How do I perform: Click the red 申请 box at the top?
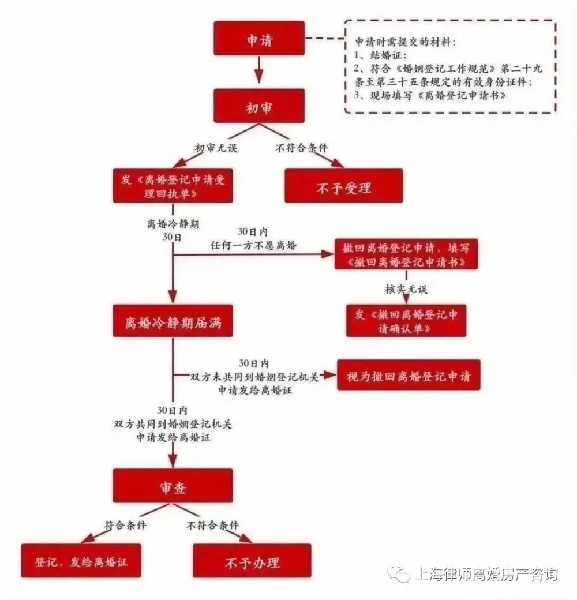point(259,39)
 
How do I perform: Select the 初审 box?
point(259,106)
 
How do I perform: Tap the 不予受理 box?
point(343,186)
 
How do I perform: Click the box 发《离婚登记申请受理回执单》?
point(173,186)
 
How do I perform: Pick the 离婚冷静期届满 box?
point(173,321)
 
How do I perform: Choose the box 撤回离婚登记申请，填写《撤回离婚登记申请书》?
point(406,254)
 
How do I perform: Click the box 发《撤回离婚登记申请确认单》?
point(406,321)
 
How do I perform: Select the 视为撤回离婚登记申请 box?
point(409,376)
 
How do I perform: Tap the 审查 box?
point(173,486)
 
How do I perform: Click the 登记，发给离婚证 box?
point(81,561)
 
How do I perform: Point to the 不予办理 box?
point(252,561)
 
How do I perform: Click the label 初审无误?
point(216,148)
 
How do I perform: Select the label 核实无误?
point(406,289)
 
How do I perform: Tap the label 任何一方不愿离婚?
point(254,245)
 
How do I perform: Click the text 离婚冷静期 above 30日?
point(173,224)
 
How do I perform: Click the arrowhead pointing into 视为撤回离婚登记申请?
point(330,376)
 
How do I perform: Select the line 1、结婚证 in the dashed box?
point(380,55)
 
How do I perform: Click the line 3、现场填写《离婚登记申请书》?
point(430,95)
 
